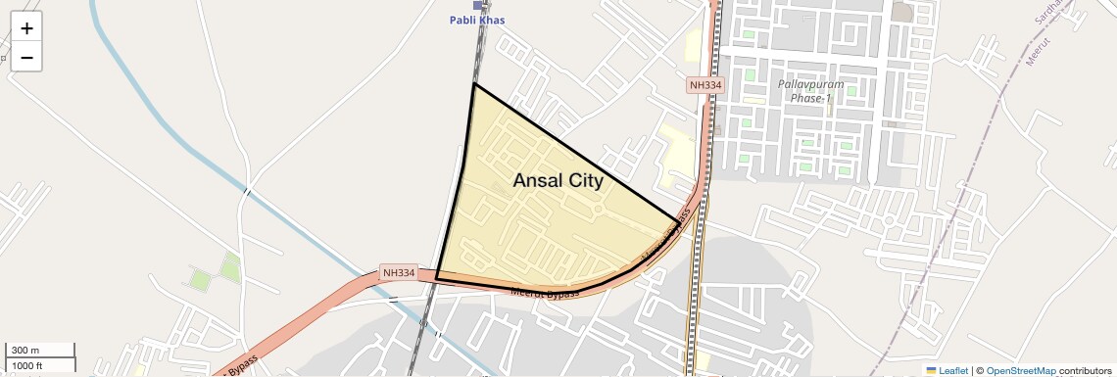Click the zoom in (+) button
coord(26,28)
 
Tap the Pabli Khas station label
coord(477,21)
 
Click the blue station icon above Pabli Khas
coord(477,6)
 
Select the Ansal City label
coord(558,180)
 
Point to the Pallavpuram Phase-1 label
coord(810,91)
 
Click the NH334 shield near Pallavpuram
coord(705,86)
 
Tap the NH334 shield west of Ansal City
coord(399,272)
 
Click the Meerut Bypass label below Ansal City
coord(545,292)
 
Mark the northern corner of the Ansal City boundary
coord(474,84)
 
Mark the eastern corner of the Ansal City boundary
coord(677,220)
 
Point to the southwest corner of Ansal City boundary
coord(436,279)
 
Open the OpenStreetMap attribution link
coord(1020,370)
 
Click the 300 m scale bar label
coord(25,351)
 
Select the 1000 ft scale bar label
coord(27,365)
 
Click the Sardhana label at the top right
coord(1047,11)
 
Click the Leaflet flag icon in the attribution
coord(931,370)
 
